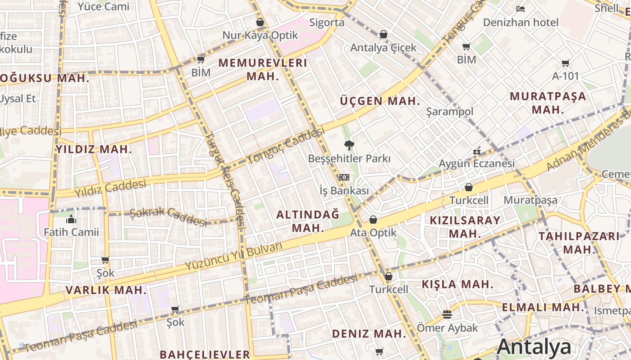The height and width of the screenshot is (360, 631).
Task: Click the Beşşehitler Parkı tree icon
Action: (x=348, y=145)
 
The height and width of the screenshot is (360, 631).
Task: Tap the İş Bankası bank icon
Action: (x=344, y=177)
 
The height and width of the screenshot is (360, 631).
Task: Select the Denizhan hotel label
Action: (x=520, y=22)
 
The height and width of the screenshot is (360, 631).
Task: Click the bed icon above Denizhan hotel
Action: (x=521, y=9)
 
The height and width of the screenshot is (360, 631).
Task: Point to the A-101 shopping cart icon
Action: (x=565, y=63)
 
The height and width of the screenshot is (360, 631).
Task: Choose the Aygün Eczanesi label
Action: (x=476, y=163)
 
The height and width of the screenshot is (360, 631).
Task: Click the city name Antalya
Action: (x=534, y=347)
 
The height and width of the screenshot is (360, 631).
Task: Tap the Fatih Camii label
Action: (x=71, y=232)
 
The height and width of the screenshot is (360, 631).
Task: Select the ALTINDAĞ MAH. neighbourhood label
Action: (x=308, y=221)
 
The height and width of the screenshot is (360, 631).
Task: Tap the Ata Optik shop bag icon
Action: (x=373, y=220)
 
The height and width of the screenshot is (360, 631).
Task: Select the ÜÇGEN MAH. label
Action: (x=380, y=101)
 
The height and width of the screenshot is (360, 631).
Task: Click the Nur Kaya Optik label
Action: (x=260, y=35)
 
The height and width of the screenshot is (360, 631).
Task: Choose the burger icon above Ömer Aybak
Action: (x=447, y=315)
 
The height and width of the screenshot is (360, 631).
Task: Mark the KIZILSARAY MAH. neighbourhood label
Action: (x=465, y=227)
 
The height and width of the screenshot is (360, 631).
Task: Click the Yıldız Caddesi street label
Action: (x=110, y=189)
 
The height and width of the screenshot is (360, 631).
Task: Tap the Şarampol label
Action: (x=450, y=112)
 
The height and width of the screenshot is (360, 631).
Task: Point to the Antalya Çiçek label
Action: (x=384, y=47)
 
